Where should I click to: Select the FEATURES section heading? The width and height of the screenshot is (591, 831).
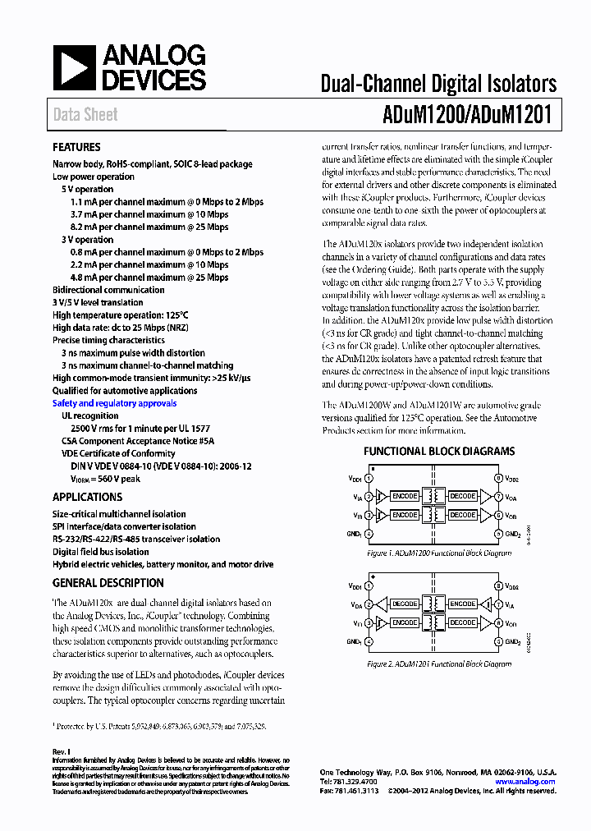76,148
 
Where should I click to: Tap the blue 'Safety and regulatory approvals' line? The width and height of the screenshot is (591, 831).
114,403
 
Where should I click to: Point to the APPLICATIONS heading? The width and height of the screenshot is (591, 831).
87,497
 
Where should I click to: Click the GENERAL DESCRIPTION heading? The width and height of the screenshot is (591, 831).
108,583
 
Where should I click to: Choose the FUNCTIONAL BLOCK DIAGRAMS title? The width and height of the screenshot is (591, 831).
439,451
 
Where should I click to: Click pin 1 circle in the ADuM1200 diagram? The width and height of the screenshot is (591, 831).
369,477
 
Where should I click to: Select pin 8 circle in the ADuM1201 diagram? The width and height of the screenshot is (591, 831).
497,586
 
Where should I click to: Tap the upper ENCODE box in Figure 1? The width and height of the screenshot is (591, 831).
404,496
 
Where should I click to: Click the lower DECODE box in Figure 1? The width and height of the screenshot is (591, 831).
462,515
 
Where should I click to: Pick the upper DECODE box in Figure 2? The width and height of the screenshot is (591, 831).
404,604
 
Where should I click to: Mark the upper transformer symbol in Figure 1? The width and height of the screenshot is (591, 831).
433,496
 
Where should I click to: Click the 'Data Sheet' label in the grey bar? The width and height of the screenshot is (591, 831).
85,115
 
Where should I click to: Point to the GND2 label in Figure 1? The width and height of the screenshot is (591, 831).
513,534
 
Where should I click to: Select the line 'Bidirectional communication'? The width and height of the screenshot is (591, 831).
108,290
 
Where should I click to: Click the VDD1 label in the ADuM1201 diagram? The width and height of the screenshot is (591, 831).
355,586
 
